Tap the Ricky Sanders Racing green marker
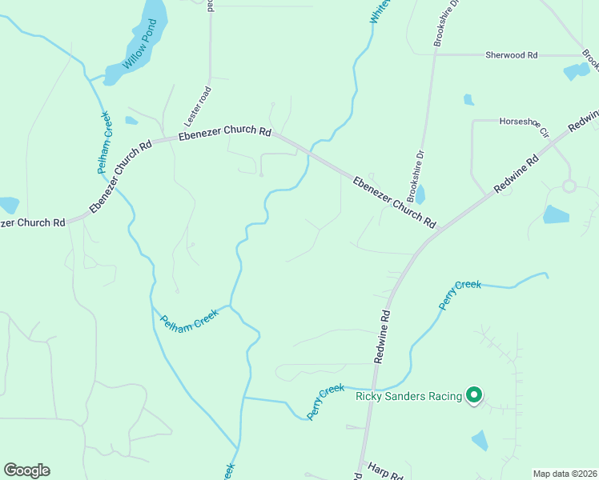click(474, 394)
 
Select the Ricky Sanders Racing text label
click(409, 396)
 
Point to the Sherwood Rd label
click(511, 55)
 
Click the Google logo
click(26, 470)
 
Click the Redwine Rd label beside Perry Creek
click(383, 337)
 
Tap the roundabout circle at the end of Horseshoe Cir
click(569, 186)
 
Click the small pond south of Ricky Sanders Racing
click(480, 440)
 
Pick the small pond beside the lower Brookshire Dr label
click(420, 195)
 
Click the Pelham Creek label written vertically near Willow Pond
click(106, 142)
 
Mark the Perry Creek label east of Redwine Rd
click(460, 294)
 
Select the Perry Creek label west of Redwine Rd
click(326, 402)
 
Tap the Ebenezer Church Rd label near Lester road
click(225, 134)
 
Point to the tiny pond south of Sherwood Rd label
click(468, 100)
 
